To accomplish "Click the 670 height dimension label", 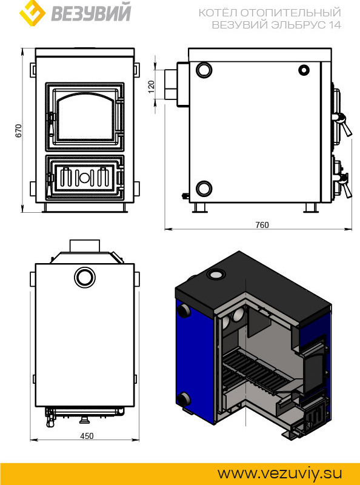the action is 19,130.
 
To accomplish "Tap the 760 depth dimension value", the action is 262,225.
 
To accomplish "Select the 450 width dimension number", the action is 87,436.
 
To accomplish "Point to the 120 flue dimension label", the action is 151,87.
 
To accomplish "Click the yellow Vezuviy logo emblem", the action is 32,13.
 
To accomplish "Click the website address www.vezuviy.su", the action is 280,473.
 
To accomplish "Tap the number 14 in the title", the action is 335,25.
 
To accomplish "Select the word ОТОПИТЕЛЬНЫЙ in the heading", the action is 291,13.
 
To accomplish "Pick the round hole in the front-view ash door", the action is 84,177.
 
